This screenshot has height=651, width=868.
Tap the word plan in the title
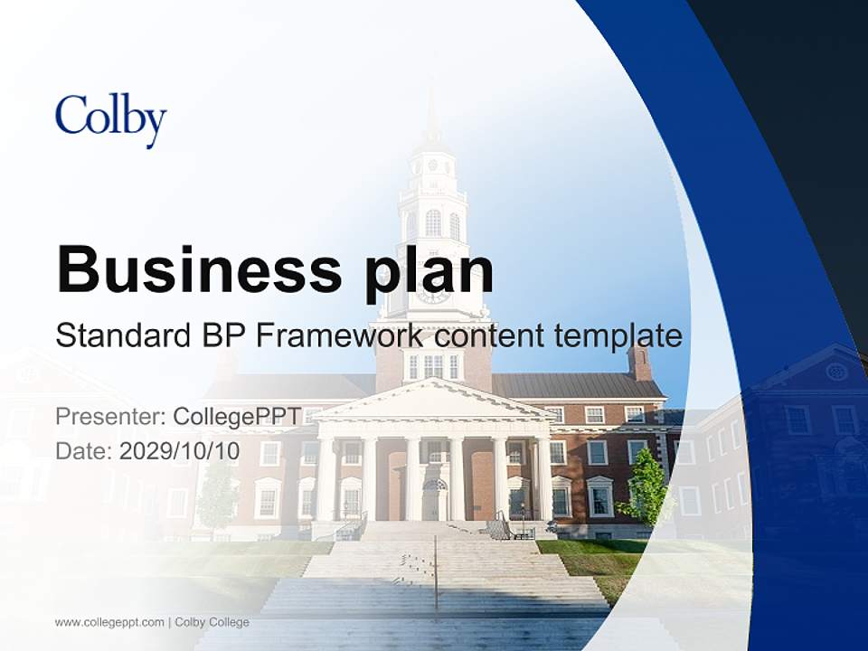tap(429, 271)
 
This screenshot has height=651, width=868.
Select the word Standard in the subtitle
tap(122, 335)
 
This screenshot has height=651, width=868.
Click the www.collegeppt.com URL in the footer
tap(109, 622)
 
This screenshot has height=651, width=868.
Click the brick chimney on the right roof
tap(640, 362)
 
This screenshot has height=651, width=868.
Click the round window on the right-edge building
tap(836, 372)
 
